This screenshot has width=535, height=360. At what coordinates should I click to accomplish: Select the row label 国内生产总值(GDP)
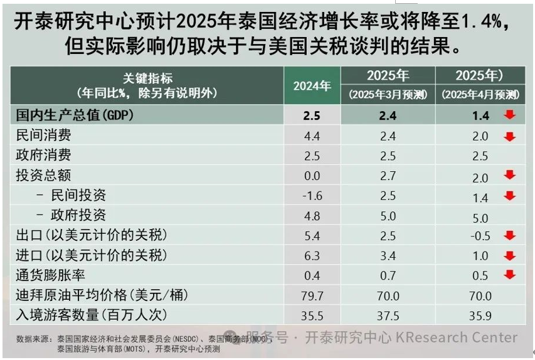(75, 115)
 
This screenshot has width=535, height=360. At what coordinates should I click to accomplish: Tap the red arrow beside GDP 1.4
(509, 115)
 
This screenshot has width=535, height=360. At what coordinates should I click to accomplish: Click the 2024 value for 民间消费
(312, 135)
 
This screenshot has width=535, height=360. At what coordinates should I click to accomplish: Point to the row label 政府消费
(43, 155)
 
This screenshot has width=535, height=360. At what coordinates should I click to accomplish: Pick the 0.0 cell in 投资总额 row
(312, 176)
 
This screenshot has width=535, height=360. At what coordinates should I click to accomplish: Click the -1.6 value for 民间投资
(312, 196)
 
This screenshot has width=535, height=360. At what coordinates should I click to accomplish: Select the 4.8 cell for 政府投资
(312, 216)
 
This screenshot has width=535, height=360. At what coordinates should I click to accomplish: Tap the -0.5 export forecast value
(480, 236)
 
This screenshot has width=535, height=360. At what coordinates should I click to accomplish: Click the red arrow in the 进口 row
(509, 255)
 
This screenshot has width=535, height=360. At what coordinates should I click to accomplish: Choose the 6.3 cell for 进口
(312, 256)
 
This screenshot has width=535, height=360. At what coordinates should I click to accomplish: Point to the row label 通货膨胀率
(50, 275)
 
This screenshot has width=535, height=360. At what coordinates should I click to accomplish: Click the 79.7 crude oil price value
(312, 295)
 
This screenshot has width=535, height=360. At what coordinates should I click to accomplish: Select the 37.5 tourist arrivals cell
(388, 315)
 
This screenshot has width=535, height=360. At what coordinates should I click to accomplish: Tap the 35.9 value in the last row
(480, 315)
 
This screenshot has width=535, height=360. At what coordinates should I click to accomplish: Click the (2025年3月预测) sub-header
(388, 95)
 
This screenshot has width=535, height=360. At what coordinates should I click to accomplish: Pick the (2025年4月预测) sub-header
(480, 95)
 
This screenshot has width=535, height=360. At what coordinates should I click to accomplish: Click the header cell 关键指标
(147, 78)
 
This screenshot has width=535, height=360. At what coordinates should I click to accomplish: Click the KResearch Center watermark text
(456, 337)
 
